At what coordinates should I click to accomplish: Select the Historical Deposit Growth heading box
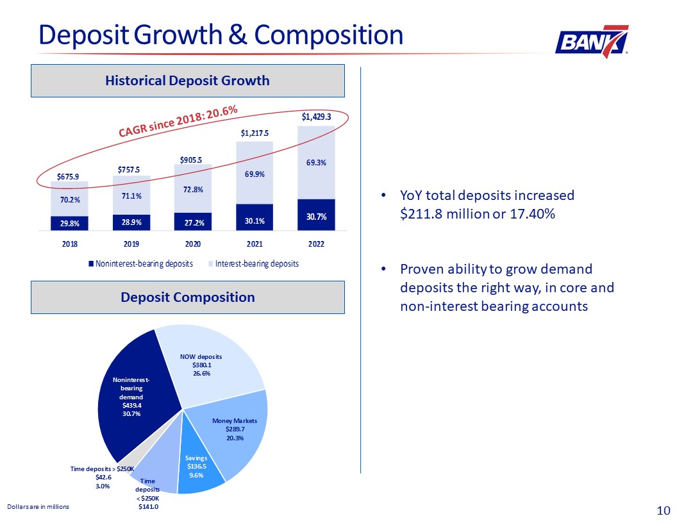pyautogui.click(x=187, y=81)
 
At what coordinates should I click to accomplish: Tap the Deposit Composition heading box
pyautogui.click(x=187, y=297)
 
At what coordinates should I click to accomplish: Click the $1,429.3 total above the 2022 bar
pyautogui.click(x=316, y=117)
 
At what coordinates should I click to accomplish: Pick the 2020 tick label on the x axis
pyautogui.click(x=193, y=244)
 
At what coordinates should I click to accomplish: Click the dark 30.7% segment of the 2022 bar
pyautogui.click(x=316, y=215)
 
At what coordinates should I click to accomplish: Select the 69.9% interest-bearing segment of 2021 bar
pyautogui.click(x=255, y=174)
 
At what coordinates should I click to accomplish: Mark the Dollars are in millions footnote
pyautogui.click(x=37, y=506)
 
